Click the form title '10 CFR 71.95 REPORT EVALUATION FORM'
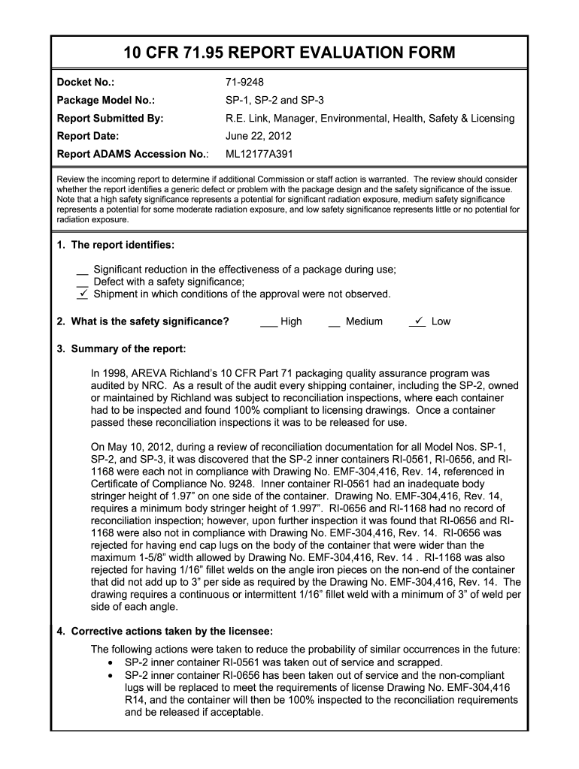(x=289, y=53)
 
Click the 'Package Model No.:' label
(x=105, y=100)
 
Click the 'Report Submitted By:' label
(x=110, y=118)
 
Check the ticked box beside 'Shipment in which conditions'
(x=83, y=293)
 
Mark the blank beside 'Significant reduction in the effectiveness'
(x=83, y=271)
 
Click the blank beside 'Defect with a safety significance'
(x=83, y=282)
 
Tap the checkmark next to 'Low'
(x=418, y=321)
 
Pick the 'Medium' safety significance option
(x=364, y=321)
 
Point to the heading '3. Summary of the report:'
(x=121, y=349)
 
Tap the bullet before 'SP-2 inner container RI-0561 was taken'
(x=111, y=663)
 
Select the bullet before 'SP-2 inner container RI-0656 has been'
(x=111, y=675)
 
